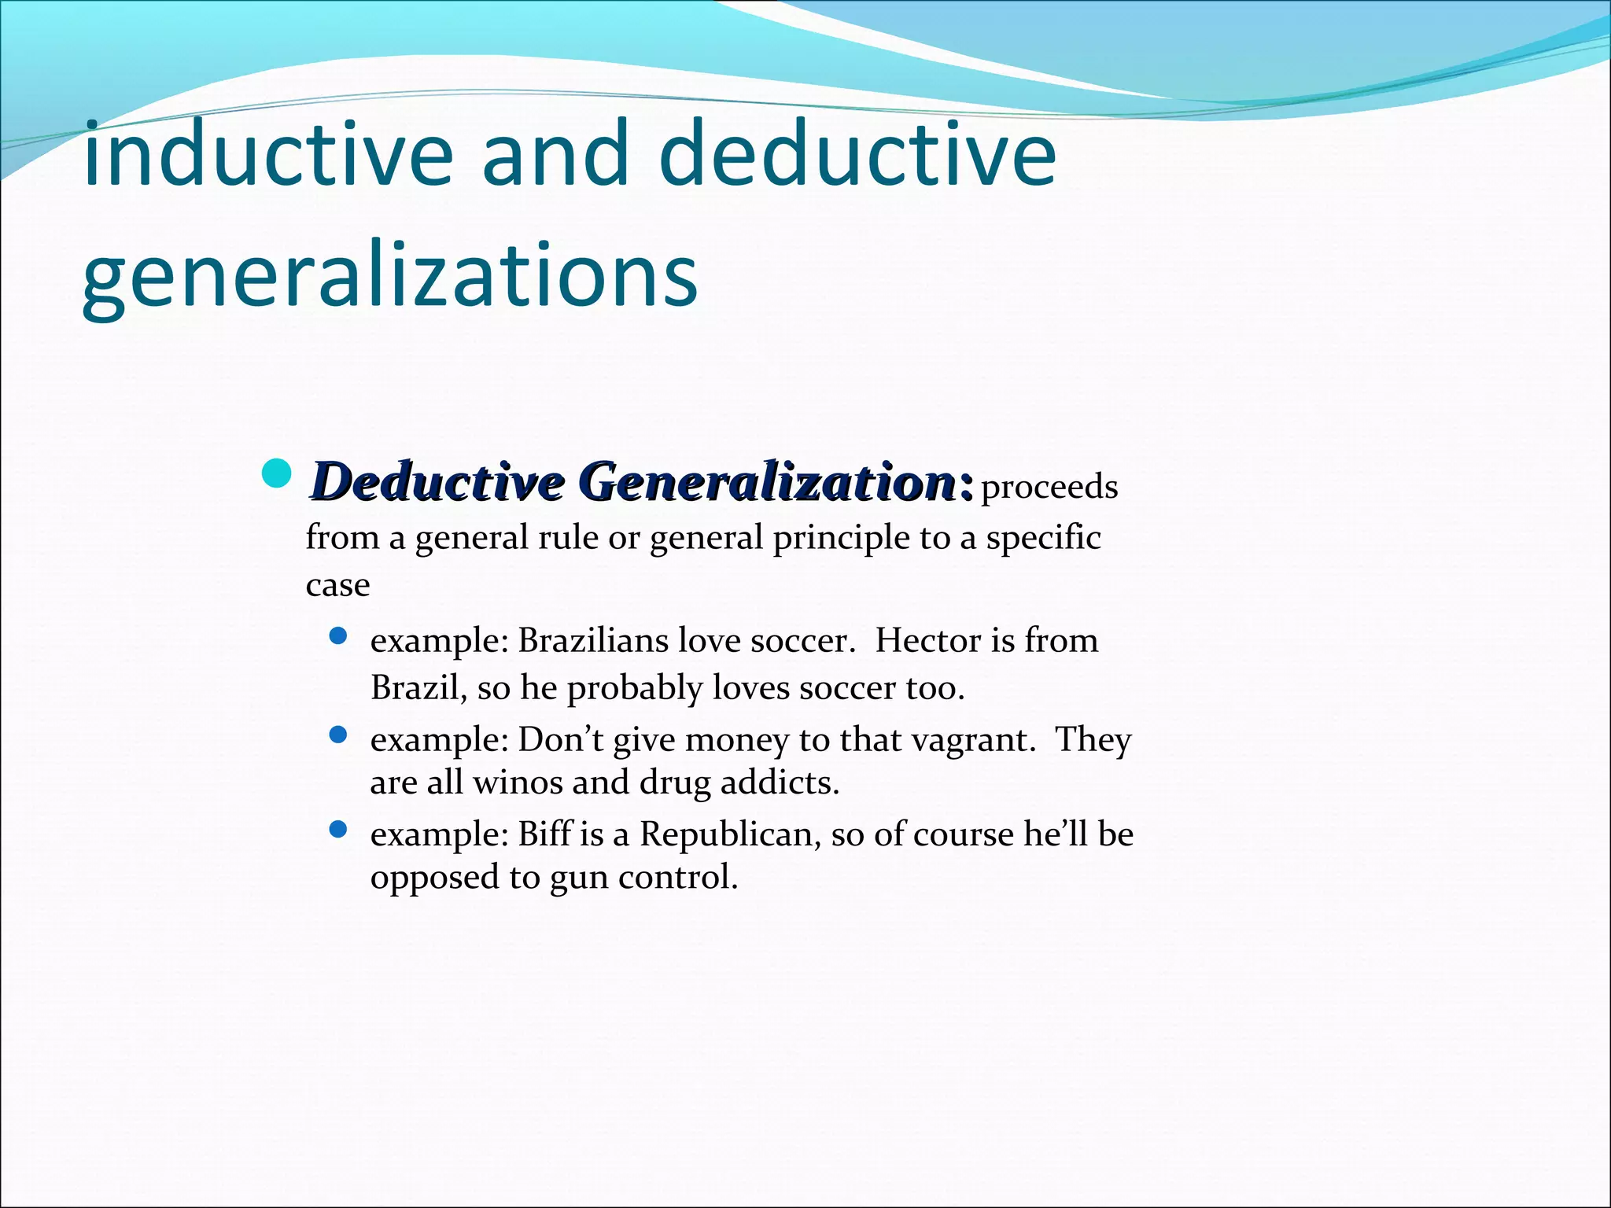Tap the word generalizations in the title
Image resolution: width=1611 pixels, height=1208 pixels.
click(x=389, y=275)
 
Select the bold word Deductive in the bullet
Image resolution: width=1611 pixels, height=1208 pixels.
click(x=437, y=481)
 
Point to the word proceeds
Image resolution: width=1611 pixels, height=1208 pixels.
click(x=1049, y=488)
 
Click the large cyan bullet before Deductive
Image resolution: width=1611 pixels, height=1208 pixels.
click(x=276, y=474)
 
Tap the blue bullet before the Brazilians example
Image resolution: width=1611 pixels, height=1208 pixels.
click(x=338, y=636)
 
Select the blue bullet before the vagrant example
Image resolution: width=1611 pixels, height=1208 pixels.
click(x=338, y=735)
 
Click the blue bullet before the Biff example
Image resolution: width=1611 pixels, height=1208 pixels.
click(x=338, y=830)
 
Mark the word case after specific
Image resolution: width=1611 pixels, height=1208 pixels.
click(x=337, y=586)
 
